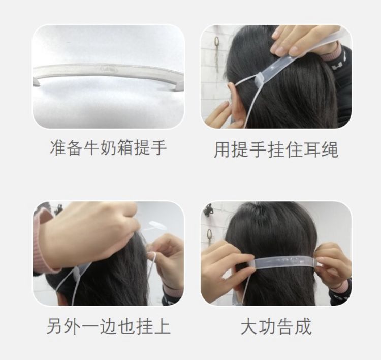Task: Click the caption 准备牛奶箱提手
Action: [108, 148]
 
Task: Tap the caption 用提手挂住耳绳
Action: [276, 149]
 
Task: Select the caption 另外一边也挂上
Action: [108, 326]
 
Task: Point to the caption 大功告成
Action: [276, 326]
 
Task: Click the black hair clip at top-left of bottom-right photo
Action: [208, 209]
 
